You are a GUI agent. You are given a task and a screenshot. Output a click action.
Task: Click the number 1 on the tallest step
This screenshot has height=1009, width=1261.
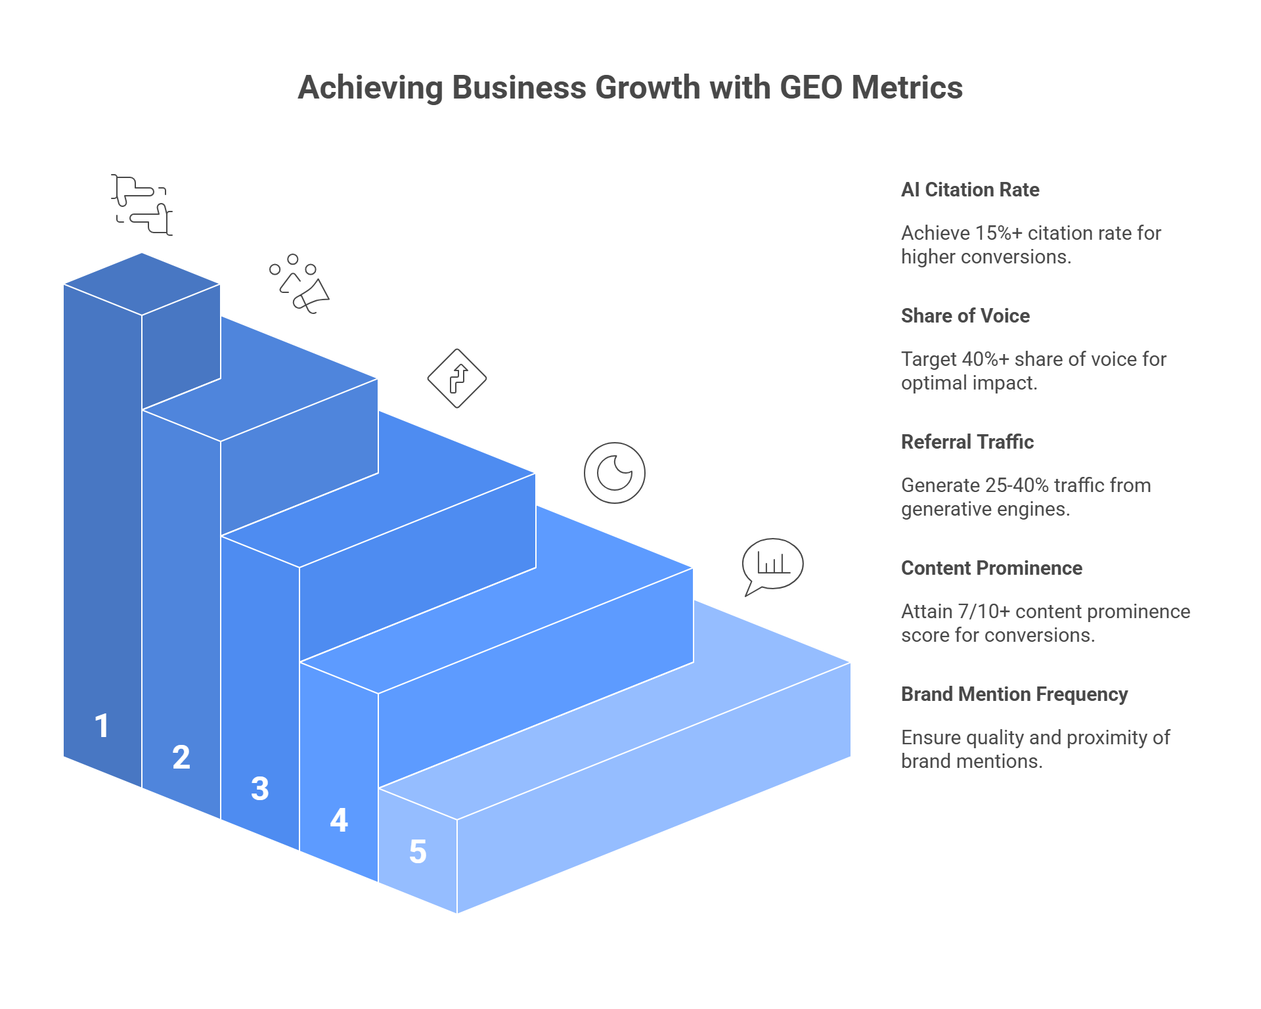(102, 726)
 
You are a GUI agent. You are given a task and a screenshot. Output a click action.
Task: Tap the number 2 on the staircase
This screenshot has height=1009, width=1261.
(181, 757)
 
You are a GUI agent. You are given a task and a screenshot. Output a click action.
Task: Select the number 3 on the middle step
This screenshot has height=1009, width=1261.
(260, 789)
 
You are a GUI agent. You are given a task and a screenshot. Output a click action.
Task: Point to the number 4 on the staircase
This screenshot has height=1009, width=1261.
(339, 820)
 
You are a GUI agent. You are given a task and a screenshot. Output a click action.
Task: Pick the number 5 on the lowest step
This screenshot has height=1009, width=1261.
(418, 852)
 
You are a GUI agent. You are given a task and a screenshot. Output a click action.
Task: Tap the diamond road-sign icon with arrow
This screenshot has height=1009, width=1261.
(457, 378)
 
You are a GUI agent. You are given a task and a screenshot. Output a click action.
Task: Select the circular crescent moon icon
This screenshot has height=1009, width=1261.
(615, 473)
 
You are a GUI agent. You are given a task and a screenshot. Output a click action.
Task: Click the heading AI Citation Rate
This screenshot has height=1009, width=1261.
(970, 190)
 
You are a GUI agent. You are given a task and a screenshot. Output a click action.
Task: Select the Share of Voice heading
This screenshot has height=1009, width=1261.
(965, 316)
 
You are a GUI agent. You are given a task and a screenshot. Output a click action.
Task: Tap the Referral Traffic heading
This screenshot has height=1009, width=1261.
(967, 442)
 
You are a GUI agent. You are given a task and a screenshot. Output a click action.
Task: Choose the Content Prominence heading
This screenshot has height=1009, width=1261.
(992, 568)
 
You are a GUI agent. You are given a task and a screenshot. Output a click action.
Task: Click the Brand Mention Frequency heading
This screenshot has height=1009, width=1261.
(1015, 694)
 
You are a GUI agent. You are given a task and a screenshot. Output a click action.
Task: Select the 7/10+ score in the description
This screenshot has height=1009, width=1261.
(984, 612)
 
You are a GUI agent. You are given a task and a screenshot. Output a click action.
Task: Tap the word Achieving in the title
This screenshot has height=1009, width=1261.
(370, 88)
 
